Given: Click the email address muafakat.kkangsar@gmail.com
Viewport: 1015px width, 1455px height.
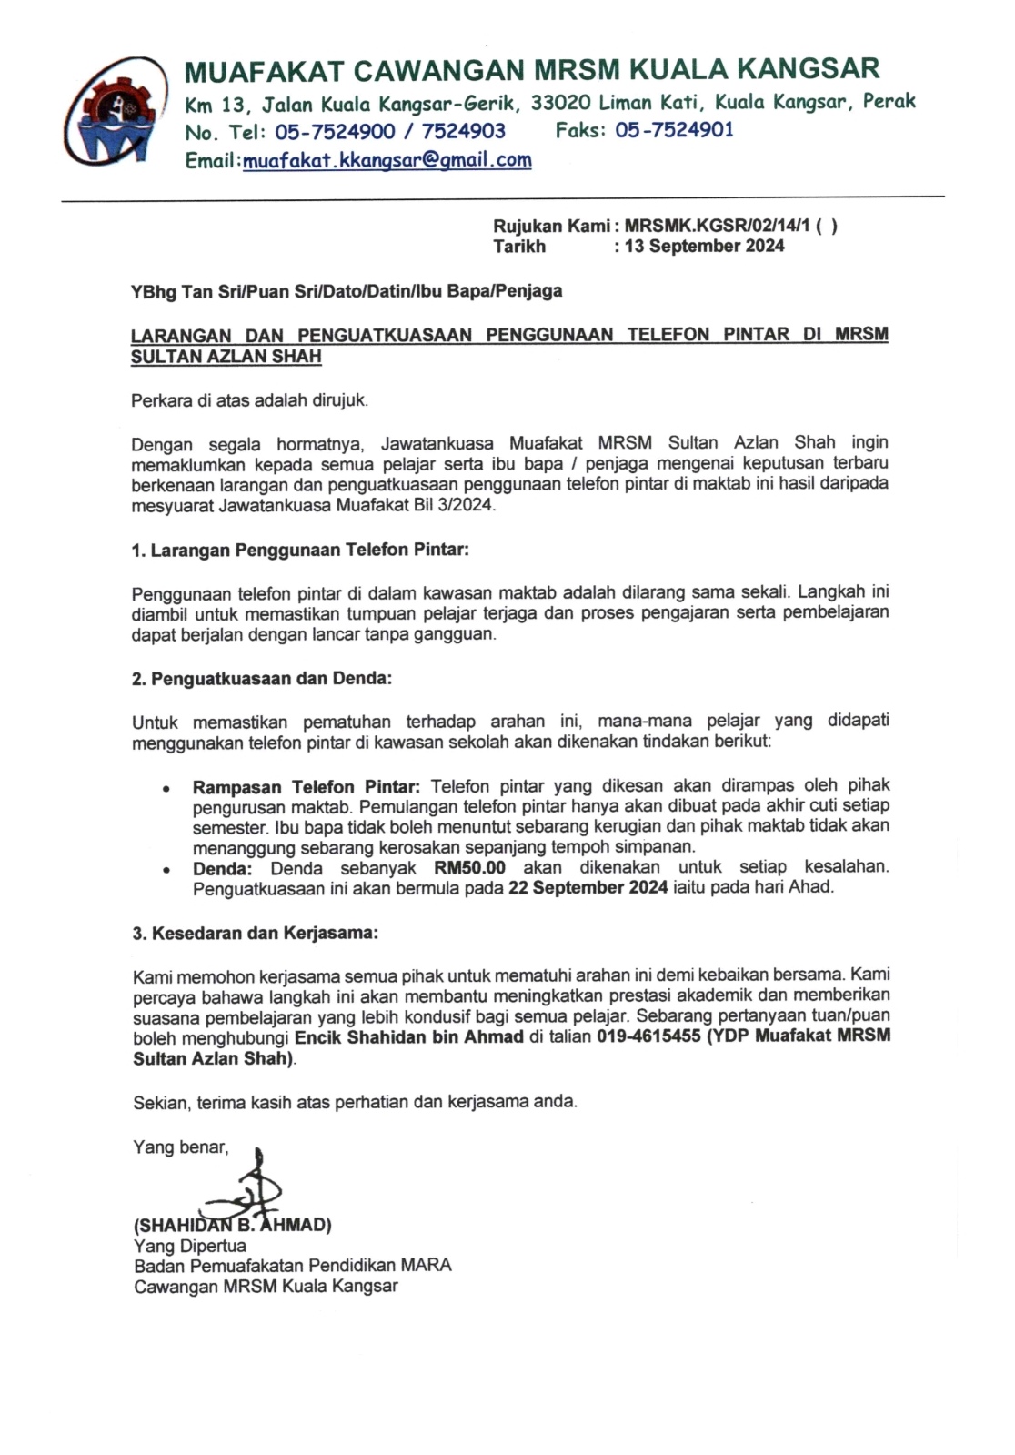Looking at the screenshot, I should coord(387,161).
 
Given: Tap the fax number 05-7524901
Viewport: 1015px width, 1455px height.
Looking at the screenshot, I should coord(674,130).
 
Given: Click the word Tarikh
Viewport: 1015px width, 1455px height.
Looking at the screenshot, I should coord(519,246).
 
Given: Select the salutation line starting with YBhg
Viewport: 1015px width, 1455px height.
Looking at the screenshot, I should coord(347,291).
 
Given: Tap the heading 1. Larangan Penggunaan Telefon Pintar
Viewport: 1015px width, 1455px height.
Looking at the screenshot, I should coord(300,550).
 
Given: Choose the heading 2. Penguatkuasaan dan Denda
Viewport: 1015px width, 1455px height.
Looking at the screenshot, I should coord(262,678).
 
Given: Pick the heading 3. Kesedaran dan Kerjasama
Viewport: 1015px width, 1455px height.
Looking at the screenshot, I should coord(256,934).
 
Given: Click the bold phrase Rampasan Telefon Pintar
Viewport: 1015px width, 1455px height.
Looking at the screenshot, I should coord(307,786).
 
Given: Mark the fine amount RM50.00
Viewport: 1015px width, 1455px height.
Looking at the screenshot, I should coord(470,867).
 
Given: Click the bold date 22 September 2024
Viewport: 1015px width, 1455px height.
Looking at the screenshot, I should coord(588,887).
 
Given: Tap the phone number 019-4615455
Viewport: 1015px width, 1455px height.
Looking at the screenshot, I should coord(648,1036).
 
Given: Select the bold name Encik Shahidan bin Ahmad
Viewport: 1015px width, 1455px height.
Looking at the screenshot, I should coord(409,1036).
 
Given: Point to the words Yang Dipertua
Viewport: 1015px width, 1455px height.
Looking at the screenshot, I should coord(189,1245).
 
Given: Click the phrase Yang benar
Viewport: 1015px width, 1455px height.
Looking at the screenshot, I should coord(181,1147).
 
